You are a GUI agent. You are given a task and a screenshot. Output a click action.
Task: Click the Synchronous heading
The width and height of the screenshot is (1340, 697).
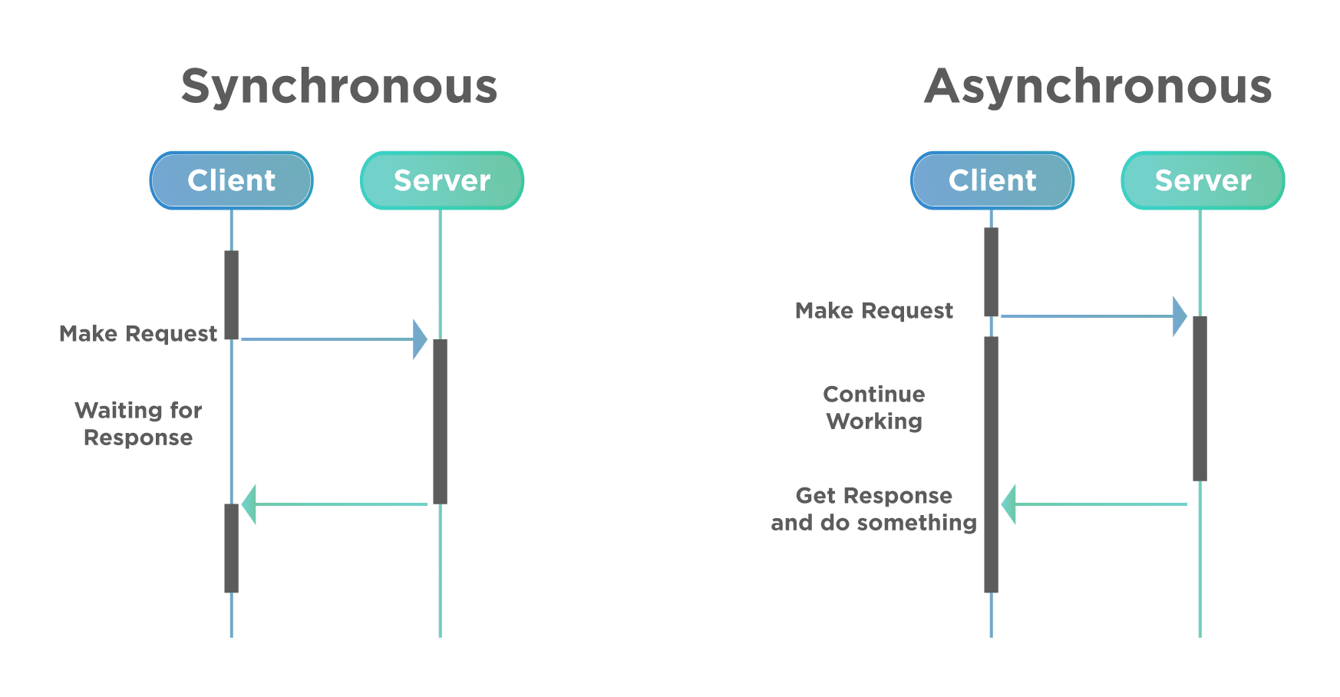pyautogui.click(x=339, y=86)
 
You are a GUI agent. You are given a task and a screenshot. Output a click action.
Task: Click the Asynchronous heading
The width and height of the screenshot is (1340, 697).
pyautogui.click(x=1099, y=86)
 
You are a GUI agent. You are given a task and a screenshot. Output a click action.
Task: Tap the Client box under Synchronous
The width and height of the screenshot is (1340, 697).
pyautogui.click(x=231, y=180)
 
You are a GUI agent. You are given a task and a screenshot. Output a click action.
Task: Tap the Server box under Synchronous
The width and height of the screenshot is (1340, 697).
pyautogui.click(x=441, y=180)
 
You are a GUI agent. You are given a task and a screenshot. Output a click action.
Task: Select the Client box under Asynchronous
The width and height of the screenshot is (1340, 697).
pyautogui.click(x=992, y=180)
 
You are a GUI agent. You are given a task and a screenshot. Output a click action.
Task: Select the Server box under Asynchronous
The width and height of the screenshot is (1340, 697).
pyautogui.click(x=1203, y=180)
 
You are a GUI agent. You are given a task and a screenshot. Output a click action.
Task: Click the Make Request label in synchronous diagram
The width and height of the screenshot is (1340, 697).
pyautogui.click(x=138, y=334)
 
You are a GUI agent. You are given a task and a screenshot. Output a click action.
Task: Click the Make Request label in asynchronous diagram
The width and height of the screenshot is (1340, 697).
pyautogui.click(x=874, y=311)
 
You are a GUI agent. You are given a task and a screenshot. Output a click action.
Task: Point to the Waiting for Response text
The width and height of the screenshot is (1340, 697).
pyautogui.click(x=138, y=424)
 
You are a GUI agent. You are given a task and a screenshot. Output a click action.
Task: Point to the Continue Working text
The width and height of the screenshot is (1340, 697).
pyautogui.click(x=874, y=408)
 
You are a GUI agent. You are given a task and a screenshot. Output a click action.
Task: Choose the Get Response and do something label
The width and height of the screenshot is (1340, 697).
pyautogui.click(x=874, y=509)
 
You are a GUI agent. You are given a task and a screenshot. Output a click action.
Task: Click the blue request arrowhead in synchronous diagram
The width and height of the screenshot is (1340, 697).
pyautogui.click(x=419, y=339)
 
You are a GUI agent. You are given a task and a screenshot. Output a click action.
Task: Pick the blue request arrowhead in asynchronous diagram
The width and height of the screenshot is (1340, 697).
pyautogui.click(x=1180, y=316)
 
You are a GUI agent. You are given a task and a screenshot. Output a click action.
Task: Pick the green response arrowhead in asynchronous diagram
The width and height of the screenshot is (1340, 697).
pyautogui.click(x=1009, y=504)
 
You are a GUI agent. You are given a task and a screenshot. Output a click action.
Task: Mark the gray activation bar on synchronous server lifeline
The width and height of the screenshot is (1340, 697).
pyautogui.click(x=440, y=421)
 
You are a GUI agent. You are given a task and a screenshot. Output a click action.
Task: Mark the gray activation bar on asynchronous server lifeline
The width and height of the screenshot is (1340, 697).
pyautogui.click(x=1200, y=398)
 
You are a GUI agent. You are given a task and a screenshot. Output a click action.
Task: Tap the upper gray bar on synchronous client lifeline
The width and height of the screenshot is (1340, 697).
pyautogui.click(x=231, y=294)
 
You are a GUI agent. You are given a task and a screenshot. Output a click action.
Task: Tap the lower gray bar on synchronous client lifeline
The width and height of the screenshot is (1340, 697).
pyautogui.click(x=231, y=547)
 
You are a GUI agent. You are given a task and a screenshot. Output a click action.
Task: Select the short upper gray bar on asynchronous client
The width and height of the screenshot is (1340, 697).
pyautogui.click(x=991, y=271)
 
